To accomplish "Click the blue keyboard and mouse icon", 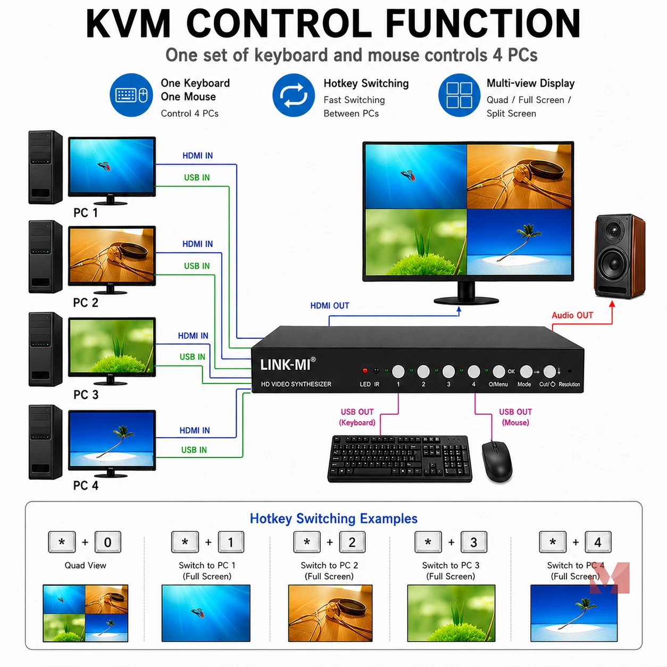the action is point(131,95).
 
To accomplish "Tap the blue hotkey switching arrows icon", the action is point(294,95).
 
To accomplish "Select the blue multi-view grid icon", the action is point(460,95).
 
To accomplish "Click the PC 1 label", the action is point(86,213).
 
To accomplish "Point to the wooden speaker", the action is point(620,256).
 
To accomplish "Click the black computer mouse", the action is point(497,461).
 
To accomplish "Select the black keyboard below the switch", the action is point(400,458).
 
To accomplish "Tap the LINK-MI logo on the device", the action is point(288,364).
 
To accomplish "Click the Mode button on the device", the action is point(526,372).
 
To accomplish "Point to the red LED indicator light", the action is point(365,371).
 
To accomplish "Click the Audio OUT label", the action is point(572,315).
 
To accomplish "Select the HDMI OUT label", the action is point(330,306).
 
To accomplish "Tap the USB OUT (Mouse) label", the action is point(515,417).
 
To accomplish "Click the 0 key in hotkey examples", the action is point(107,542).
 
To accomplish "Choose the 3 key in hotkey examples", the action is point(473,542).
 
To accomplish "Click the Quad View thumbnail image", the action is point(86,613).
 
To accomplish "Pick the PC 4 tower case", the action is point(45,443).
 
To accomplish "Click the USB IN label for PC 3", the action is point(192,357).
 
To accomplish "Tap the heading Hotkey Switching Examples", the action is point(333,519).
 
